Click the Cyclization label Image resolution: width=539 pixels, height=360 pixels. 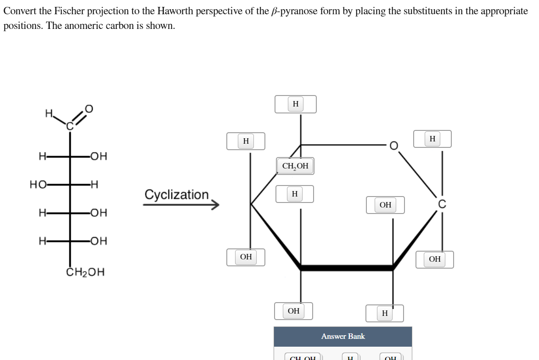click(176, 194)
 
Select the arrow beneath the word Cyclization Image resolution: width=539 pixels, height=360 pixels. click(181, 205)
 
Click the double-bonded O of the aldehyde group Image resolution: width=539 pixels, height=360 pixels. click(89, 108)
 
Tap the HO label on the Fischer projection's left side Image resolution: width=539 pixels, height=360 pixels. click(37, 185)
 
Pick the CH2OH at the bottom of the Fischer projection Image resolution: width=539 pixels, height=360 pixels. click(86, 272)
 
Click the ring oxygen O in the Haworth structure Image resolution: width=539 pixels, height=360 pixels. click(393, 146)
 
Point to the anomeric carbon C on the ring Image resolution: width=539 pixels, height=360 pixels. click(442, 204)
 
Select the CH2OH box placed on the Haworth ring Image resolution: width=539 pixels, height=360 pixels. click(295, 166)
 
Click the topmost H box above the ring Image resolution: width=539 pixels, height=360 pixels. click(295, 104)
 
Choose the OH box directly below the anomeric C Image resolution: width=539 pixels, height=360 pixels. click(434, 259)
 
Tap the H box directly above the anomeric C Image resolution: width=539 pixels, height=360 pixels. click(432, 139)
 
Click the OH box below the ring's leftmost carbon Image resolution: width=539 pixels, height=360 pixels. click(246, 257)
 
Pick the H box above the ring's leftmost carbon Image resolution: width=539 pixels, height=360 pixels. click(246, 141)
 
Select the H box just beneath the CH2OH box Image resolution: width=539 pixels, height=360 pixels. click(294, 194)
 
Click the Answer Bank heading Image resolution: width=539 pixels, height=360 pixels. click(342, 336)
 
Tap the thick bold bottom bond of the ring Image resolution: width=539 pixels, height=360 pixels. click(347, 267)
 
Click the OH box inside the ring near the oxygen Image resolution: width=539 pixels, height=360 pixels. click(385, 205)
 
